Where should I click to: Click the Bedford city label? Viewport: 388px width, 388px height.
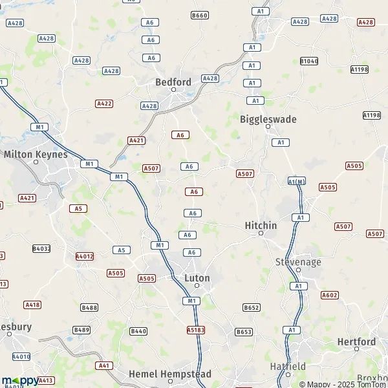(x=173, y=82)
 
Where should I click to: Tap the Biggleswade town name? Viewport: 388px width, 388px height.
(x=268, y=119)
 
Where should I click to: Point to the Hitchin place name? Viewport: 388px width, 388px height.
(x=261, y=225)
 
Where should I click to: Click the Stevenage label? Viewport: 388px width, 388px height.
(x=297, y=262)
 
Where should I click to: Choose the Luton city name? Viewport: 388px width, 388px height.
(x=197, y=278)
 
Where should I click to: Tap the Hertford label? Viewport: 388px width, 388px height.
(x=356, y=341)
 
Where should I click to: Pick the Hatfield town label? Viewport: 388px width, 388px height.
(x=288, y=366)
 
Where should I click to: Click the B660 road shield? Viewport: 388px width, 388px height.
(x=200, y=15)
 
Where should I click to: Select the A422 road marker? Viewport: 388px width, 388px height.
(x=104, y=103)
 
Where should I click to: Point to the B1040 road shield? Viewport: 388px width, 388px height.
(x=309, y=61)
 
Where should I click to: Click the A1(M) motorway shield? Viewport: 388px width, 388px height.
(x=296, y=182)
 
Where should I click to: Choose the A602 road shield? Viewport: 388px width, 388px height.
(x=329, y=295)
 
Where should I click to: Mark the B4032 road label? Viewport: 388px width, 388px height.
(x=41, y=248)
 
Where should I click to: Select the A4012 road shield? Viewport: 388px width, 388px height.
(x=85, y=256)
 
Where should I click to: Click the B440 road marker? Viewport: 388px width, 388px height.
(x=138, y=331)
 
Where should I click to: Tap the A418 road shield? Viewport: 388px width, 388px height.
(x=32, y=304)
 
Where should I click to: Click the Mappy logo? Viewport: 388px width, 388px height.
(x=19, y=381)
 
